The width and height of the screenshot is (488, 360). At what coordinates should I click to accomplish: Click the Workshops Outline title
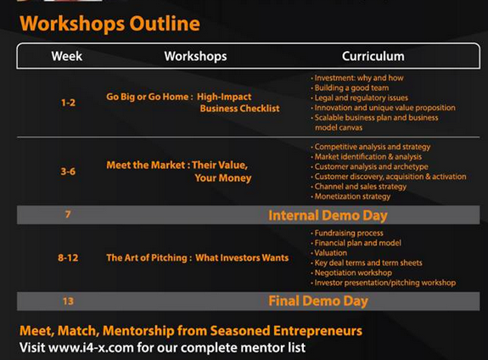(x=109, y=24)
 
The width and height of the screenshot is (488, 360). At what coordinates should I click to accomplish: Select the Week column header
(x=66, y=56)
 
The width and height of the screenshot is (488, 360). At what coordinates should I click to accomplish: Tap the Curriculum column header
(x=373, y=56)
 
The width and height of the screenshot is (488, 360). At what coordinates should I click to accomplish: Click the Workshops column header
(x=195, y=56)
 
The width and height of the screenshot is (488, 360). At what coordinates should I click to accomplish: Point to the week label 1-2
(x=68, y=103)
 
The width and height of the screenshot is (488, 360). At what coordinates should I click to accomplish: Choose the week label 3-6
(x=68, y=172)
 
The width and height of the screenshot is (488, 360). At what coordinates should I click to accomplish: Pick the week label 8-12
(x=68, y=258)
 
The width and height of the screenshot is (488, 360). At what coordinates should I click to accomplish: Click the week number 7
(x=68, y=214)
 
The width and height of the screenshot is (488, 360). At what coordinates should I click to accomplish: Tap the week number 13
(x=68, y=301)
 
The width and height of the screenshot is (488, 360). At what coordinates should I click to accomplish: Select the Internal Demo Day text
(x=328, y=216)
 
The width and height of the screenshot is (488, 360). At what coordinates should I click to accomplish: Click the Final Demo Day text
(x=318, y=301)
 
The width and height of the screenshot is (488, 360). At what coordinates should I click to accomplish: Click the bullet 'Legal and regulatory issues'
(x=360, y=98)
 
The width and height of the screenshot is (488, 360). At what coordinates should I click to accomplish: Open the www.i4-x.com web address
(x=91, y=347)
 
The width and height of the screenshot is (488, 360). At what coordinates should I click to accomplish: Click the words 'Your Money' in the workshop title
(x=223, y=178)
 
